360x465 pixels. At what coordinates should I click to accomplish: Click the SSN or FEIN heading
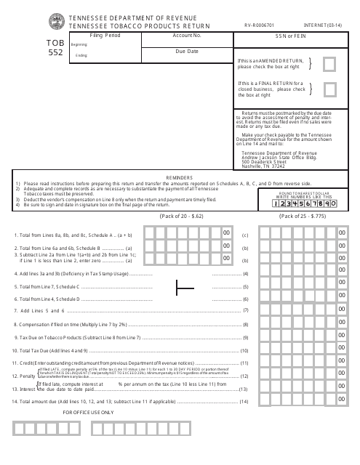point(291,35)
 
